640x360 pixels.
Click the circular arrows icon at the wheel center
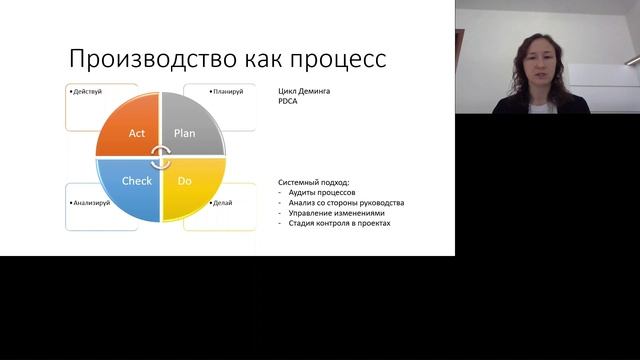pos(161,155)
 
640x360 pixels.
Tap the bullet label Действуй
pos(89,92)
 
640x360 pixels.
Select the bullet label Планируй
pos(228,92)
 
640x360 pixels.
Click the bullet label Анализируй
pos(92,203)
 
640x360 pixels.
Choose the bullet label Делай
pos(222,203)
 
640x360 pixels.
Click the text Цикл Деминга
pos(304,92)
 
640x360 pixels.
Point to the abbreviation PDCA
pos(289,102)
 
